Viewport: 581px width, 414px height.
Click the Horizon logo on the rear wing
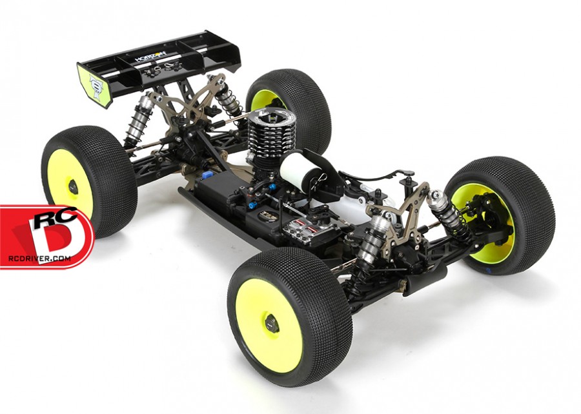tap(150, 56)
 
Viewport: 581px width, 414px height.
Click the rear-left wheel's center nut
tap(73, 187)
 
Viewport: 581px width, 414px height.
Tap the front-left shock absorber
tap(373, 240)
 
